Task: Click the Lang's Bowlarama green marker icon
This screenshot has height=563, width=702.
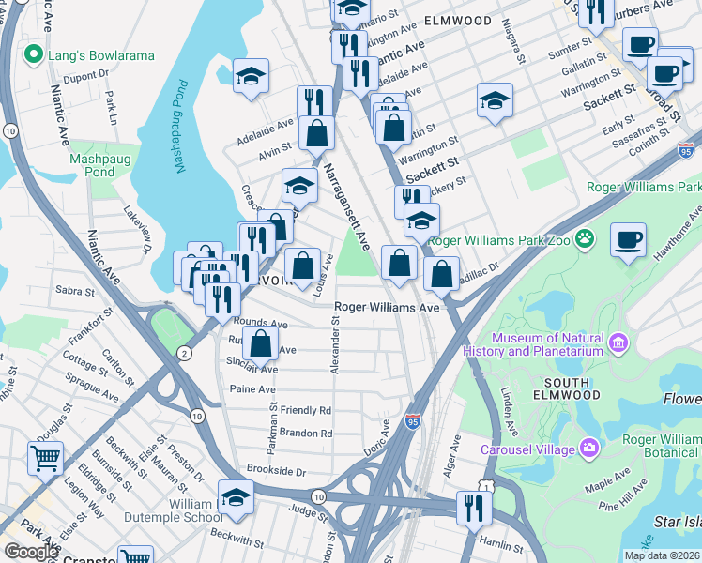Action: point(35,55)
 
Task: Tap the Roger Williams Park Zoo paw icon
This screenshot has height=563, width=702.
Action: point(588,239)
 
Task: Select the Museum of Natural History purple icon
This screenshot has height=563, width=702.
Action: point(618,343)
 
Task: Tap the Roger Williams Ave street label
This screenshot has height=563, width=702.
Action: point(388,307)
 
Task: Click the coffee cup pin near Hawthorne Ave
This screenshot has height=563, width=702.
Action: point(628,239)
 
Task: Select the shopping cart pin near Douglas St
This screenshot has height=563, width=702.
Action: point(45,458)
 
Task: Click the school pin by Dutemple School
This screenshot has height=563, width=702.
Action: point(236,497)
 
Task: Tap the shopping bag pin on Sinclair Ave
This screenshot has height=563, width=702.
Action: point(261,343)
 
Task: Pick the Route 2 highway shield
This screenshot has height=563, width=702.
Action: point(184,353)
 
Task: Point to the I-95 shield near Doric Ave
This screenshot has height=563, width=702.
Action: point(412,423)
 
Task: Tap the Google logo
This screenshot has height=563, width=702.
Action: point(32,552)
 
